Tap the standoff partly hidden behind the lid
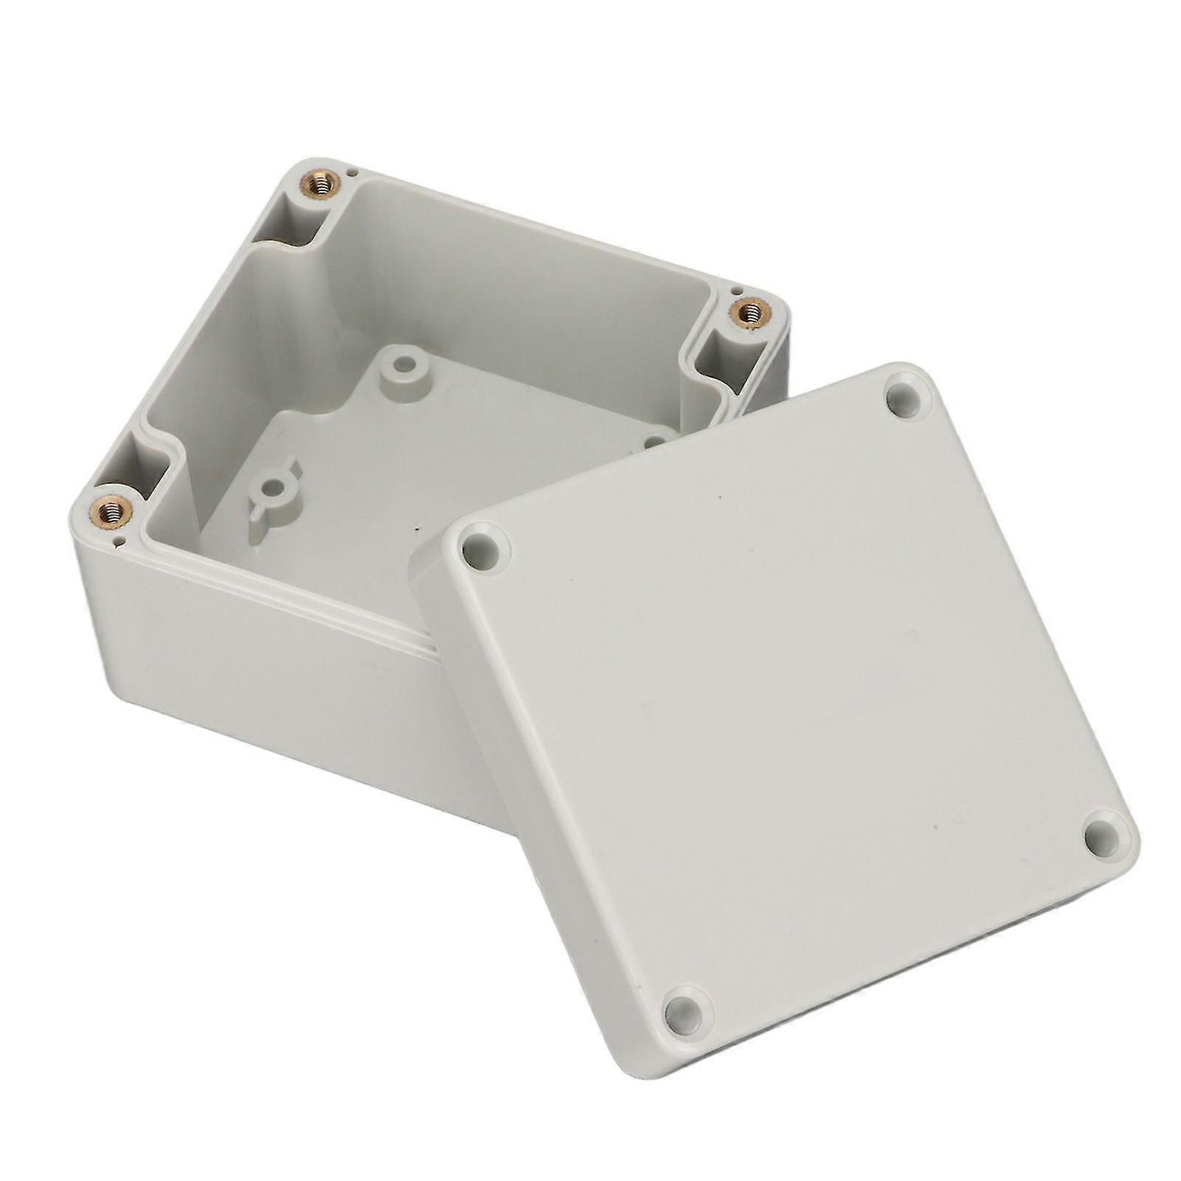(x=654, y=441)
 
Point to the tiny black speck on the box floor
(x=418, y=528)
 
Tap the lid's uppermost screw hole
(x=906, y=399)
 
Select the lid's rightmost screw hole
(x=1104, y=836)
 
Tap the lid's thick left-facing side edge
(x=516, y=775)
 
